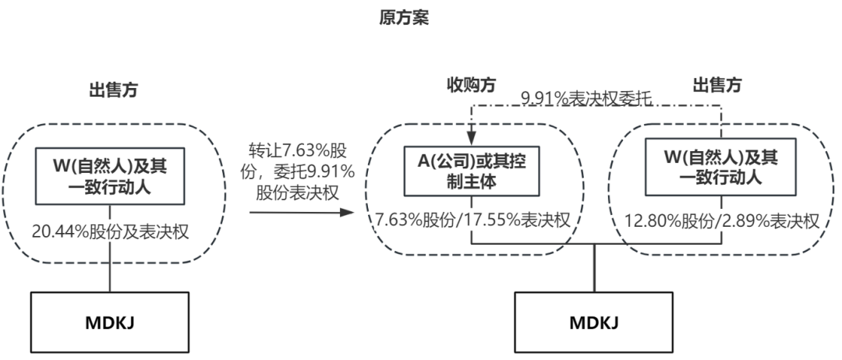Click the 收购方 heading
[472, 84]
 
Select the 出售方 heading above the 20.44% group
[113, 90]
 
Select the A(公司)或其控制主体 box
[471, 171]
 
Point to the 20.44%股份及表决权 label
[110, 231]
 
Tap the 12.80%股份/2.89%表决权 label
[722, 220]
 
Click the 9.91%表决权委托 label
[586, 98]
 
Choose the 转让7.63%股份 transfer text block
[301, 171]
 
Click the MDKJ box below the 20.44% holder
[110, 321]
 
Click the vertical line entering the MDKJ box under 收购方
[593, 268]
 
